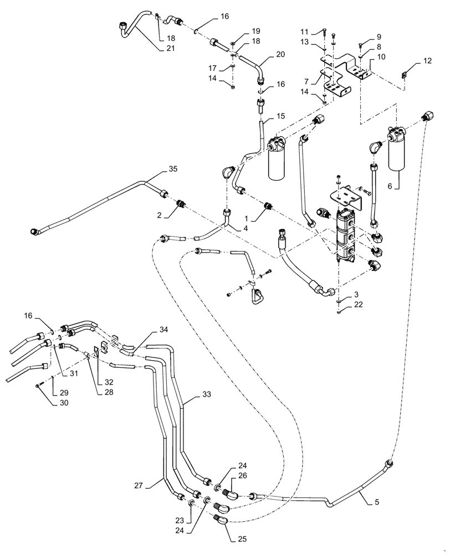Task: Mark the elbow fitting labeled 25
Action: tap(220, 520)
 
